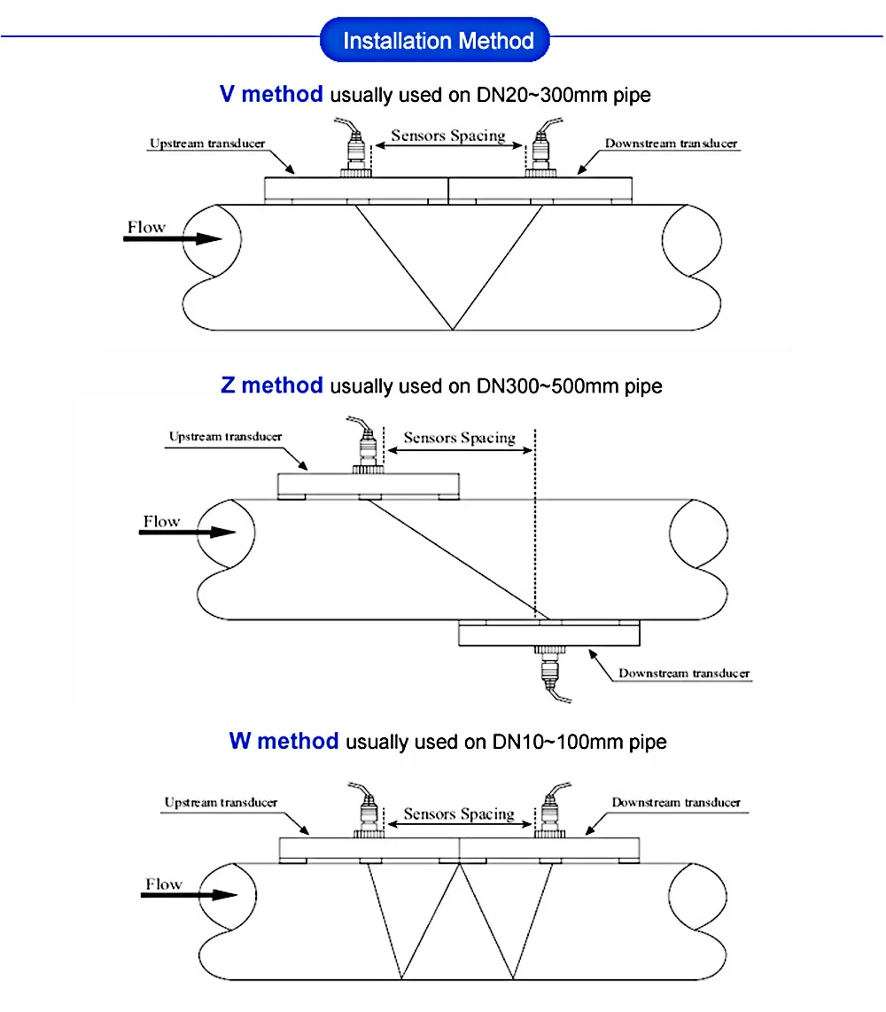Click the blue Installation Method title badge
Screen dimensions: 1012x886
[x=438, y=41]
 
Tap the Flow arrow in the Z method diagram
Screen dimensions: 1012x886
[x=190, y=532]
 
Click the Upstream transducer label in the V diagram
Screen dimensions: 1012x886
[x=206, y=143]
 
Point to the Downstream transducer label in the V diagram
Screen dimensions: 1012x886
[x=671, y=143]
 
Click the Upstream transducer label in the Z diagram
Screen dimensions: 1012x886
[x=225, y=436]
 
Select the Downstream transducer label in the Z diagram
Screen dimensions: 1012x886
[x=684, y=673]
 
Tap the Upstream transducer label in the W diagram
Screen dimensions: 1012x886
[x=221, y=802]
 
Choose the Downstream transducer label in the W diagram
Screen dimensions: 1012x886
[x=676, y=802]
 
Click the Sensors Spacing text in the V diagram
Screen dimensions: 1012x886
[x=448, y=136]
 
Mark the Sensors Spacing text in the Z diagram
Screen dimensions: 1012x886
[x=459, y=438]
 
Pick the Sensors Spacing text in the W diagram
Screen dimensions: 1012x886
[x=459, y=813]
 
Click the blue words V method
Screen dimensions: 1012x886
[x=271, y=94]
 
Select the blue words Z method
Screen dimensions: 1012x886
[x=272, y=385]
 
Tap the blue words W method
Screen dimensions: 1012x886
[x=284, y=741]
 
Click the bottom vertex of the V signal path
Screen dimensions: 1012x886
[x=452, y=330]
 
